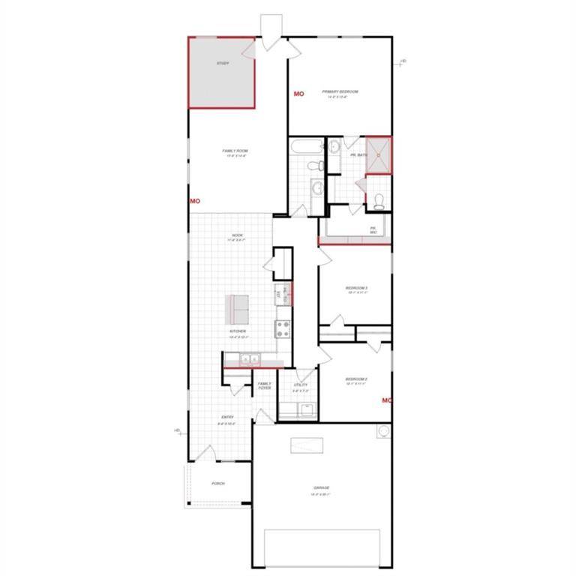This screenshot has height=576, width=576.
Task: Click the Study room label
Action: (x=223, y=63)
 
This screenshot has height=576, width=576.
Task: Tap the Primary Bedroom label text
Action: (x=340, y=92)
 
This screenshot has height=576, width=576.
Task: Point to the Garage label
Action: (x=322, y=489)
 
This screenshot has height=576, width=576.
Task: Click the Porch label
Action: (x=218, y=483)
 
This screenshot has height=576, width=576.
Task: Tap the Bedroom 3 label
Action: (x=355, y=288)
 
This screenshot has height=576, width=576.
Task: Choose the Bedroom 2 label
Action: (x=355, y=380)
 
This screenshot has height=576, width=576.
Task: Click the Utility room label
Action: (x=301, y=385)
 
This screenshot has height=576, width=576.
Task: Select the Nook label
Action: (x=237, y=236)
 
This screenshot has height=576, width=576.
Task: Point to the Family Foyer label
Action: (x=264, y=385)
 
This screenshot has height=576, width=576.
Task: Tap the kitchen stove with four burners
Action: (x=283, y=327)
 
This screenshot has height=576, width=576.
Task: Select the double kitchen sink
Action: (x=249, y=358)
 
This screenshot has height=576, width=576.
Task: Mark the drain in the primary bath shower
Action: (x=379, y=155)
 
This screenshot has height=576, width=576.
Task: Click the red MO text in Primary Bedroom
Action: (x=298, y=94)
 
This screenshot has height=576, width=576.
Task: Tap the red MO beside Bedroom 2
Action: (x=387, y=400)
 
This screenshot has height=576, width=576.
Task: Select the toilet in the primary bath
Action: (x=379, y=200)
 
